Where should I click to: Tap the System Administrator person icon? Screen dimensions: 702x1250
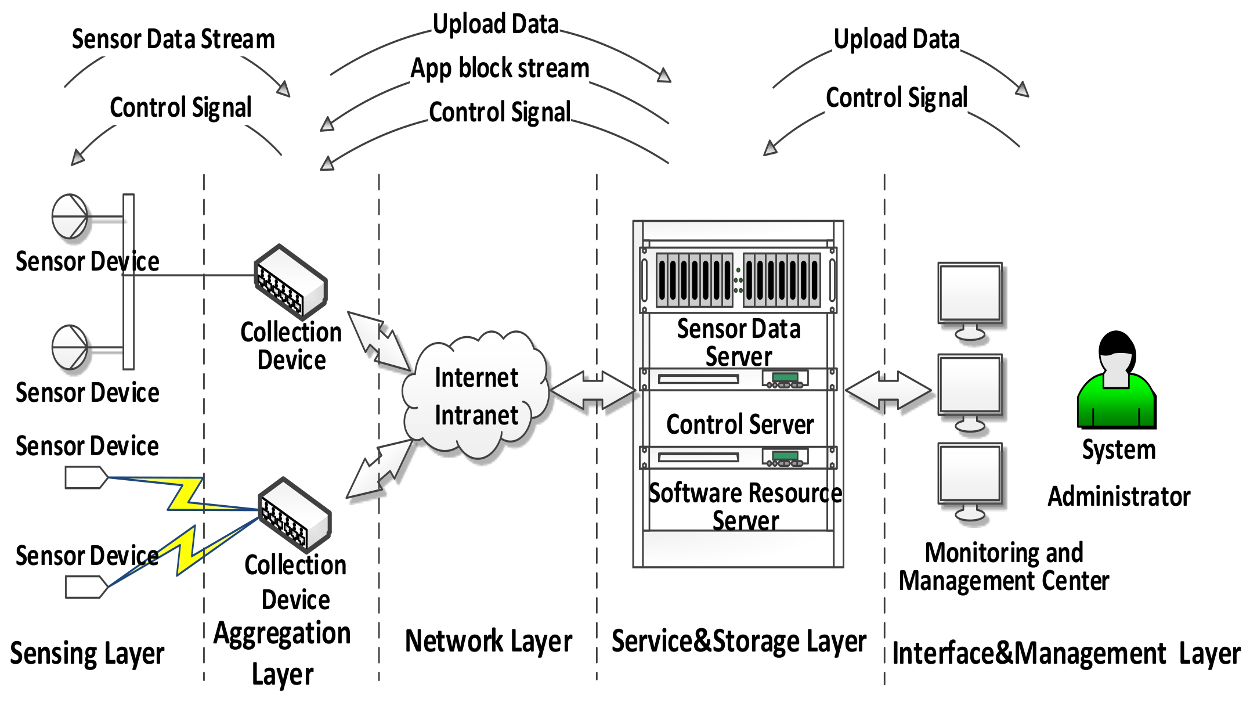tap(1116, 383)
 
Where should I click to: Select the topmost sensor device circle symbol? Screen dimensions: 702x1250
tap(70, 217)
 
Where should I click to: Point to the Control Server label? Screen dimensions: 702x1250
tap(739, 424)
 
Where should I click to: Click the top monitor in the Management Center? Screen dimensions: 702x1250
tap(970, 296)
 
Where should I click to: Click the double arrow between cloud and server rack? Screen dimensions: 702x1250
tap(593, 391)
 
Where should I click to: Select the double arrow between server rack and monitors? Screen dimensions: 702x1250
tap(888, 391)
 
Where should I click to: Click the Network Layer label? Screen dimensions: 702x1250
tap(488, 641)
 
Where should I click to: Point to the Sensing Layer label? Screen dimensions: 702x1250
tap(87, 654)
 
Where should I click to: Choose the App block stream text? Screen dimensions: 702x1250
tap(500, 69)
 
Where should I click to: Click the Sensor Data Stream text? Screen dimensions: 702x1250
tap(173, 39)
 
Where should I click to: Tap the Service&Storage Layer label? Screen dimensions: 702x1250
tap(738, 642)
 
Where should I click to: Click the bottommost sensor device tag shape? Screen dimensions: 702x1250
tap(86, 586)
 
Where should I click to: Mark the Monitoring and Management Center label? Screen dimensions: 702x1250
tap(1003, 567)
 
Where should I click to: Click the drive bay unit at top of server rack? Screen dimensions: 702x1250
tap(738, 279)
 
